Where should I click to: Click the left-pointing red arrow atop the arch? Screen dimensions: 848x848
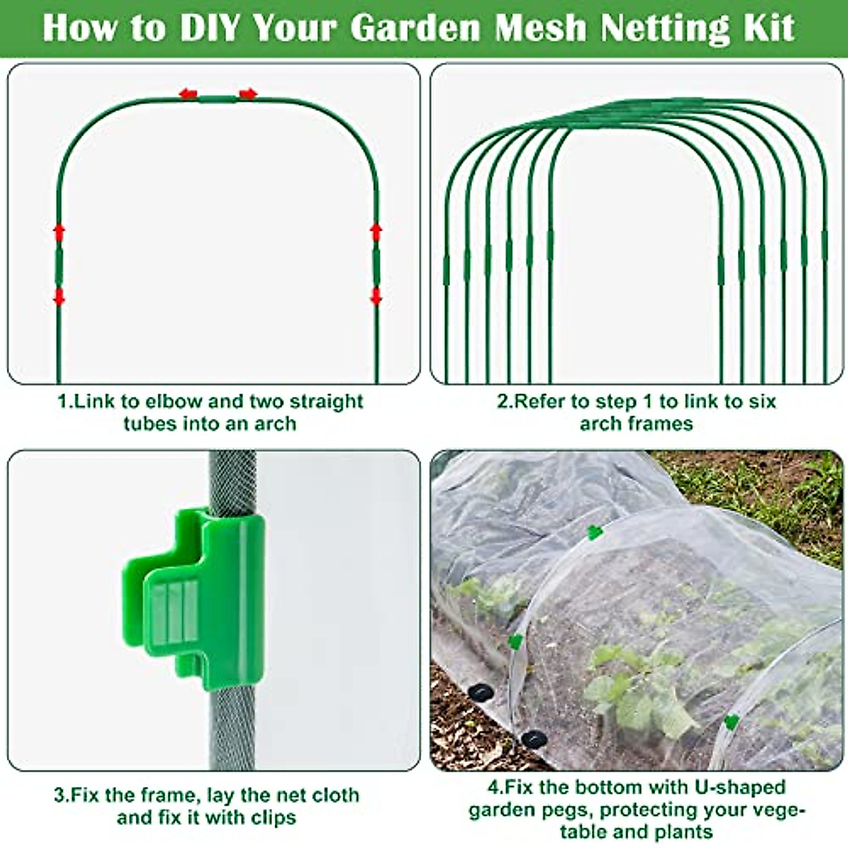[187, 94]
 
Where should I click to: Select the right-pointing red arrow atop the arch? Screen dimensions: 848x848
[248, 94]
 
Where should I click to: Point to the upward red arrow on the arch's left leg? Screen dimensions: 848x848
[59, 232]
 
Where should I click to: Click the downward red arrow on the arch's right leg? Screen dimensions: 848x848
[376, 296]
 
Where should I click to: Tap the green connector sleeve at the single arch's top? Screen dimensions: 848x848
[217, 98]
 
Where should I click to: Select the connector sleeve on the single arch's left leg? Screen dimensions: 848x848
[59, 266]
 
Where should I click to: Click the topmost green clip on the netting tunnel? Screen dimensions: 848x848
[595, 532]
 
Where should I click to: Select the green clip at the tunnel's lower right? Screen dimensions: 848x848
[731, 722]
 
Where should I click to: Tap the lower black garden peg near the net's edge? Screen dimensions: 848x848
[533, 739]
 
